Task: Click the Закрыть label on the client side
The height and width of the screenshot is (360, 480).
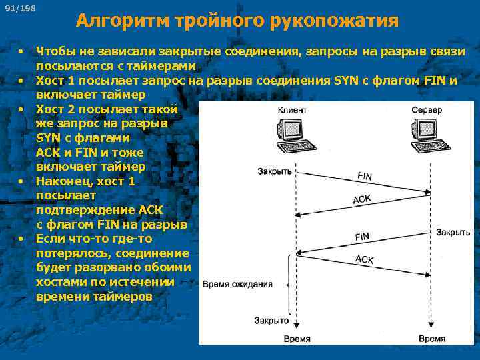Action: (x=275, y=171)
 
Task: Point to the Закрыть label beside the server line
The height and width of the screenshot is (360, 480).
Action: (x=453, y=233)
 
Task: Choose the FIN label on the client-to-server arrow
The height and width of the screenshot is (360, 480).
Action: (x=365, y=177)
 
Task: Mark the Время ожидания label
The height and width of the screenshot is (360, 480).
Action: (x=237, y=283)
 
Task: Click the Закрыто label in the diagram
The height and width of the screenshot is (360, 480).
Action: (x=271, y=321)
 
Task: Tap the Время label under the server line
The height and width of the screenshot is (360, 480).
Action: (x=431, y=339)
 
